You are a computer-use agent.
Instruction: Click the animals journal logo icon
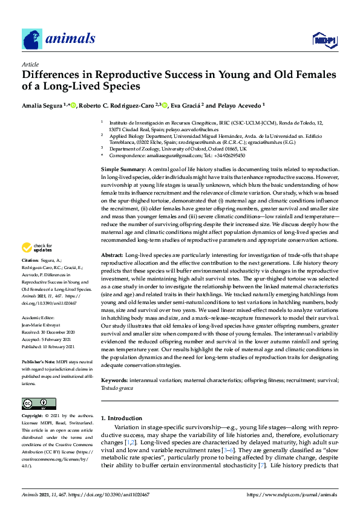coord(32,39)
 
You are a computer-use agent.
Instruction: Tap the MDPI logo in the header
coord(323,40)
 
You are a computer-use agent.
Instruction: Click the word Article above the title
coord(30,63)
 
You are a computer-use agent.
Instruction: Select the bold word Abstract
coord(112,273)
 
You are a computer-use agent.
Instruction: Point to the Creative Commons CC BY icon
coord(39,403)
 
